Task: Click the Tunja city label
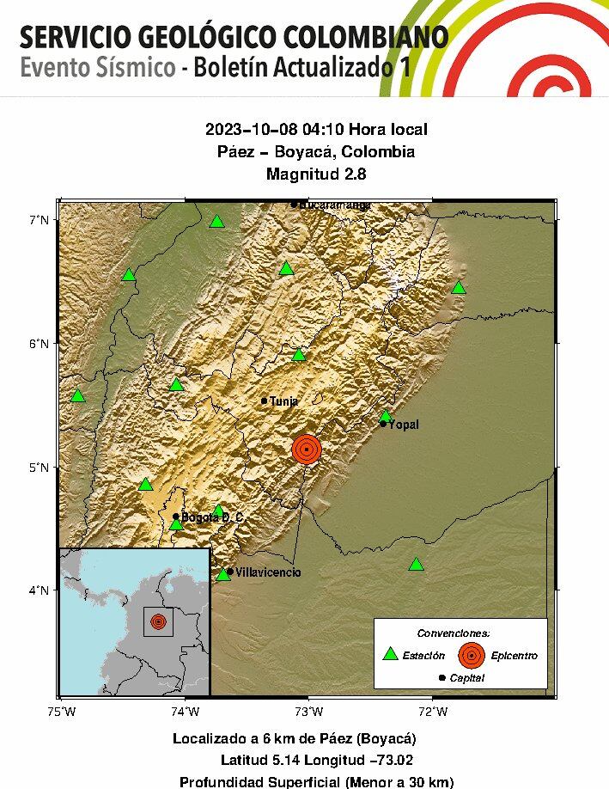pyautogui.click(x=283, y=401)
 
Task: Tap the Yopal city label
pyautogui.click(x=404, y=425)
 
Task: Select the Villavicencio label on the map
pyautogui.click(x=268, y=572)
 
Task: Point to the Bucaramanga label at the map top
pyautogui.click(x=335, y=205)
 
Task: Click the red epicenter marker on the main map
pyautogui.click(x=306, y=449)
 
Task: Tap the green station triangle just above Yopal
pyautogui.click(x=386, y=416)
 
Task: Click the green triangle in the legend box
pyautogui.click(x=390, y=654)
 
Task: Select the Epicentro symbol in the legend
pyautogui.click(x=471, y=655)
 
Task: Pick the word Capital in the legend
pyautogui.click(x=466, y=678)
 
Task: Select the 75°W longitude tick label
pyautogui.click(x=61, y=711)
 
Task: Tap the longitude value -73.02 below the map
pyautogui.click(x=389, y=760)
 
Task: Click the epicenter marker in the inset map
pyautogui.click(x=158, y=621)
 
